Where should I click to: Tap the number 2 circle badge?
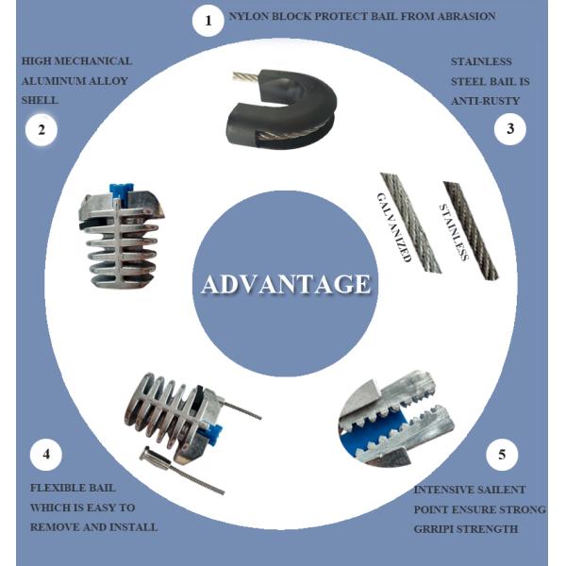tap(41, 130)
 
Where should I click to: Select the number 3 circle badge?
tap(510, 130)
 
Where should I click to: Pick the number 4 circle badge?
tap(45, 456)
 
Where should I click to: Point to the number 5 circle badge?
tap(502, 456)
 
